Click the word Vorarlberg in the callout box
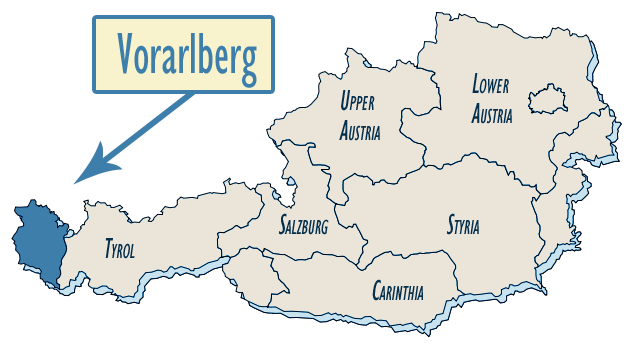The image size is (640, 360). click(x=186, y=55)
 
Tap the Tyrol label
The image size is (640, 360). click(x=119, y=249)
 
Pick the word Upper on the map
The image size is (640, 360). click(x=359, y=102)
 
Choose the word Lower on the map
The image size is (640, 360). click(x=492, y=87)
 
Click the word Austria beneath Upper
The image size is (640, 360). click(x=360, y=130)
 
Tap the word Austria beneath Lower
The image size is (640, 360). click(x=493, y=114)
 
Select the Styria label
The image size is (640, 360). click(x=462, y=226)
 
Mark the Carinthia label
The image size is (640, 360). click(x=397, y=293)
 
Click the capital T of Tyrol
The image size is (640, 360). click(x=108, y=248)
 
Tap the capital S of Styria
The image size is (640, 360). click(x=450, y=225)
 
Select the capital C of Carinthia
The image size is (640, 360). click(x=376, y=292)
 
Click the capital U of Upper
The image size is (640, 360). click(x=344, y=101)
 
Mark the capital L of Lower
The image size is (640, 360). click(x=476, y=86)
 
